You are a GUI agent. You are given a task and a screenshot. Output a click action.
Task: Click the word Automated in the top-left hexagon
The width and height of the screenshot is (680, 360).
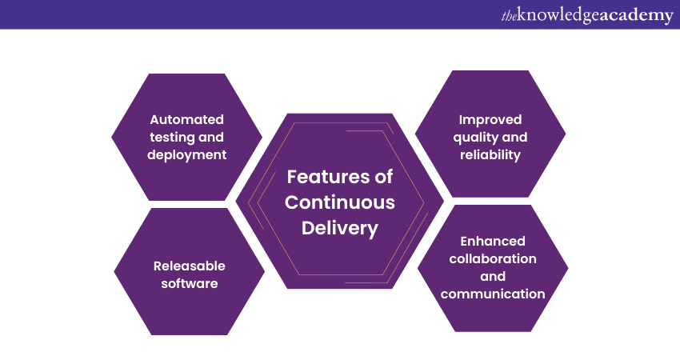click(x=186, y=119)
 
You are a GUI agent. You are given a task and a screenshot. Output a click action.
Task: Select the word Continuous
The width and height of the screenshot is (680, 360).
click(x=340, y=202)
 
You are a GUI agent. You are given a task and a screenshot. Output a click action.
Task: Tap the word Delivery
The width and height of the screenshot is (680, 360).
click(x=340, y=228)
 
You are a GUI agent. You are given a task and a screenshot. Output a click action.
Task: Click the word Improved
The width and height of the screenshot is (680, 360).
click(x=490, y=119)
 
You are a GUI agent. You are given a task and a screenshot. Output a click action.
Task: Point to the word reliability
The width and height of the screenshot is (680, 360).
click(x=490, y=154)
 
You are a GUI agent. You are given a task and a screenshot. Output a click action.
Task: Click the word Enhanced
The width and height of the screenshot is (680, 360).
click(x=493, y=241)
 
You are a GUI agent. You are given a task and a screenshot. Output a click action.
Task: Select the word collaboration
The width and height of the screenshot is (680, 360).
click(x=493, y=258)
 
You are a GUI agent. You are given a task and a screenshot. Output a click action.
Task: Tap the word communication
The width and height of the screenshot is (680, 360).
click(x=493, y=294)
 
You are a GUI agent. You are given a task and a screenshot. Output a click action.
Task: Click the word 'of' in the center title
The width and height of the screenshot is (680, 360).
click(x=384, y=176)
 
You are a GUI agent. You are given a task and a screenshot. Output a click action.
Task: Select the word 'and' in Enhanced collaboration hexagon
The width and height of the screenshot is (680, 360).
click(x=493, y=276)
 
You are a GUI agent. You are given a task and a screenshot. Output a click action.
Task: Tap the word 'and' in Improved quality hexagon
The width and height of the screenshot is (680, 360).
click(x=514, y=137)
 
